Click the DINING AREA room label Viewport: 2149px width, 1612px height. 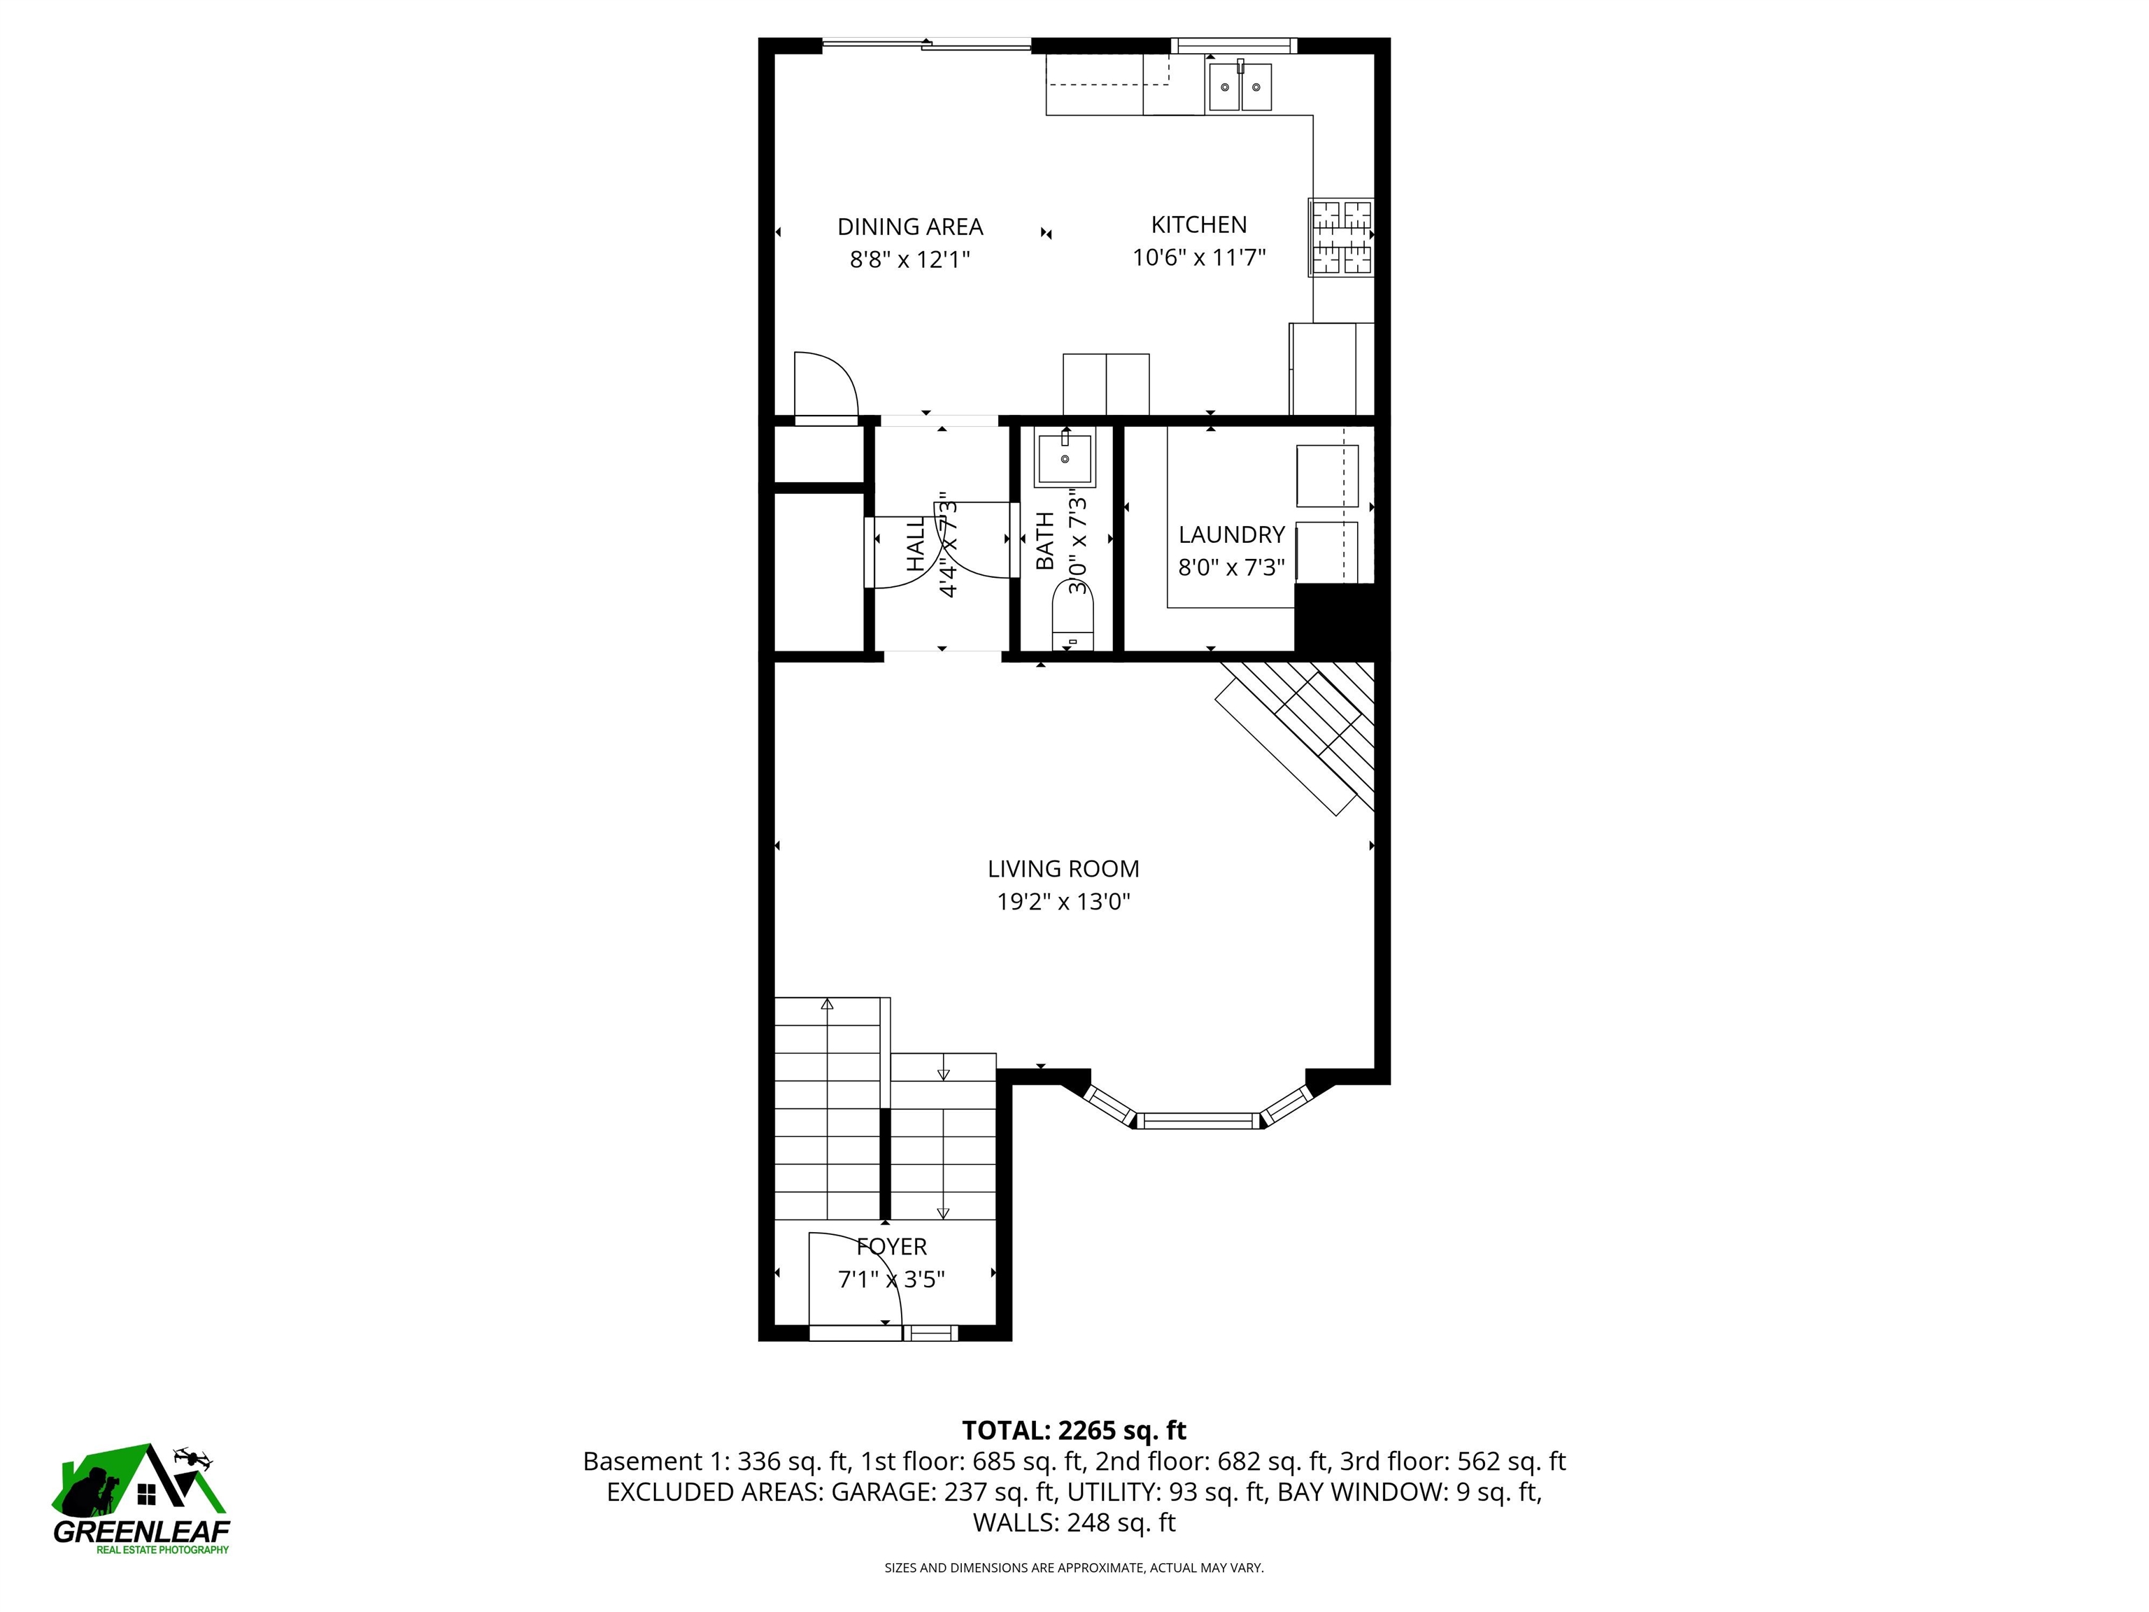point(909,227)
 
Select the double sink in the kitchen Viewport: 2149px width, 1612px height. point(1240,87)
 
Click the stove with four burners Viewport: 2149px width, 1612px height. point(1341,236)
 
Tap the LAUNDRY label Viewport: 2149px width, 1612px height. point(1231,535)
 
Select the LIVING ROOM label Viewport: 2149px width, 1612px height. point(1063,869)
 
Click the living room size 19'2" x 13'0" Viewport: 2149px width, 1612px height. point(1063,902)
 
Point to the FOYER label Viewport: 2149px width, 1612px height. point(891,1247)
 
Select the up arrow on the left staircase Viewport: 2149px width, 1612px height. point(827,1004)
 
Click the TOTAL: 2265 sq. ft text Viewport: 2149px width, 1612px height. point(1074,1430)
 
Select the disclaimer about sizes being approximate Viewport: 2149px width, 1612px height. point(1074,1567)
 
